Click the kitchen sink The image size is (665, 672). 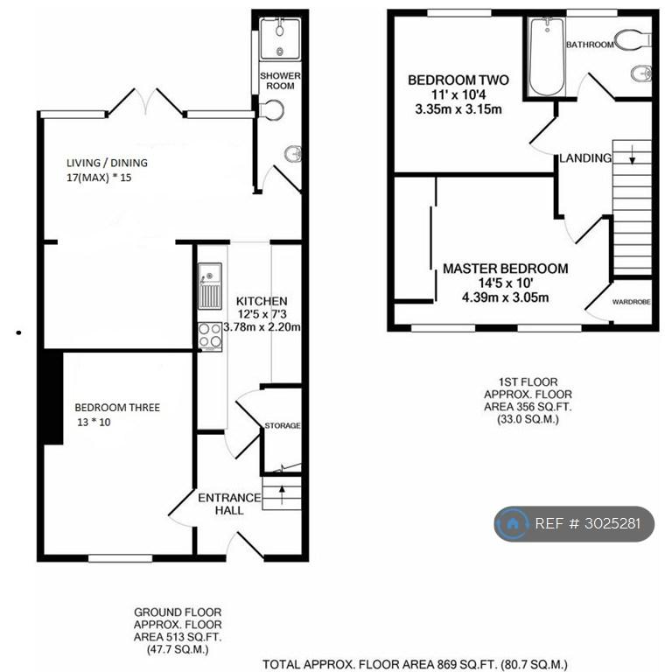[210, 286]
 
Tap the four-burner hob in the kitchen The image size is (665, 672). [210, 336]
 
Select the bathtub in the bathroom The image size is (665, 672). [547, 57]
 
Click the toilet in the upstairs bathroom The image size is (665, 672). [633, 39]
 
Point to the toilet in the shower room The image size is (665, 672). [271, 109]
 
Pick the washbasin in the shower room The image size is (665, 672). [293, 154]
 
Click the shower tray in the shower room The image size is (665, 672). [280, 39]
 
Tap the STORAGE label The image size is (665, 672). [283, 425]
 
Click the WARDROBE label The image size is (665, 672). [631, 302]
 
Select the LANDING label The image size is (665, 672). [585, 158]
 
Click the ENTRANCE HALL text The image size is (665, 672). [229, 504]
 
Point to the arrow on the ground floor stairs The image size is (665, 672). [282, 494]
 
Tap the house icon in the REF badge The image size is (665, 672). [512, 524]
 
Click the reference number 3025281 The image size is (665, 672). [613, 524]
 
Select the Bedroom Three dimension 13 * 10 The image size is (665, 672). [94, 422]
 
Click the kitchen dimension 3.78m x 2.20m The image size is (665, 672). [262, 327]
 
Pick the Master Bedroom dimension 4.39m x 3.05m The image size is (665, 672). [505, 297]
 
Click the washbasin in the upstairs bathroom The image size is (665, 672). [641, 73]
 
